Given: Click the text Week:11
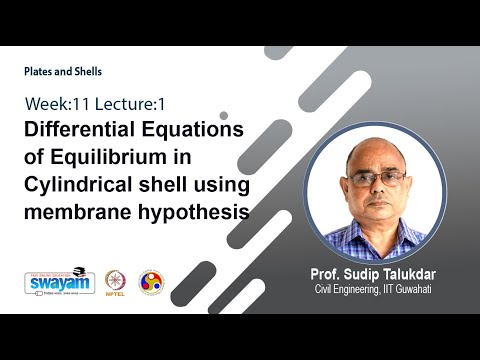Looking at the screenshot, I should [x=56, y=103].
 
